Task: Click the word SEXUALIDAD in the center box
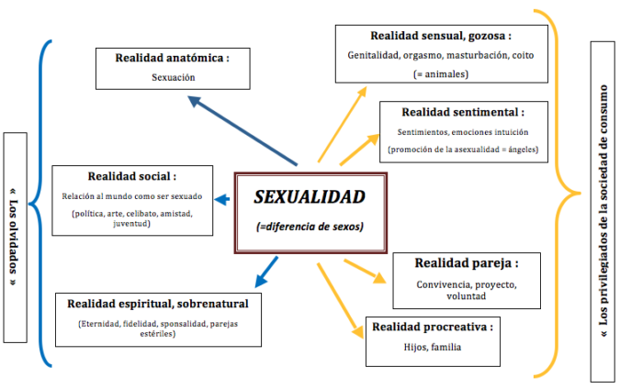pyautogui.click(x=310, y=197)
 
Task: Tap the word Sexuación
pyautogui.click(x=174, y=77)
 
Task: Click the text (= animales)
pyautogui.click(x=441, y=74)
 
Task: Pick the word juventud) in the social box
pyautogui.click(x=131, y=224)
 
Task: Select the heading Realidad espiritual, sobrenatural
pyautogui.click(x=158, y=304)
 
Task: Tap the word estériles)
pyautogui.click(x=158, y=334)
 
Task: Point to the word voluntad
pyautogui.click(x=467, y=296)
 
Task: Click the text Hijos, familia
pyautogui.click(x=433, y=347)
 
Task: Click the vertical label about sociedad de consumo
pyautogui.click(x=603, y=211)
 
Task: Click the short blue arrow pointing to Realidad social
pyautogui.click(x=222, y=199)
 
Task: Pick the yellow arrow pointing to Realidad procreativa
pyautogui.click(x=340, y=301)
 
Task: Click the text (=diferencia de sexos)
pyautogui.click(x=310, y=227)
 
